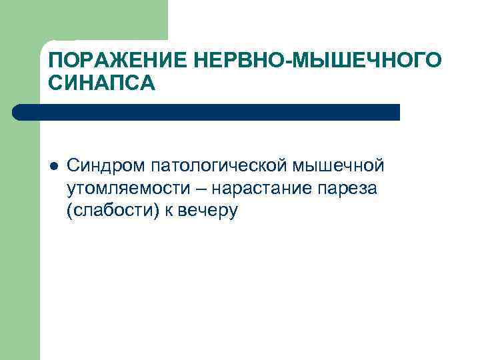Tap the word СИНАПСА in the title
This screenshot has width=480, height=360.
pyautogui.click(x=102, y=84)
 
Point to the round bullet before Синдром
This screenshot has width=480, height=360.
pyautogui.click(x=54, y=165)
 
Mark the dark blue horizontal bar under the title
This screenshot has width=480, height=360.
pyautogui.click(x=207, y=112)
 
